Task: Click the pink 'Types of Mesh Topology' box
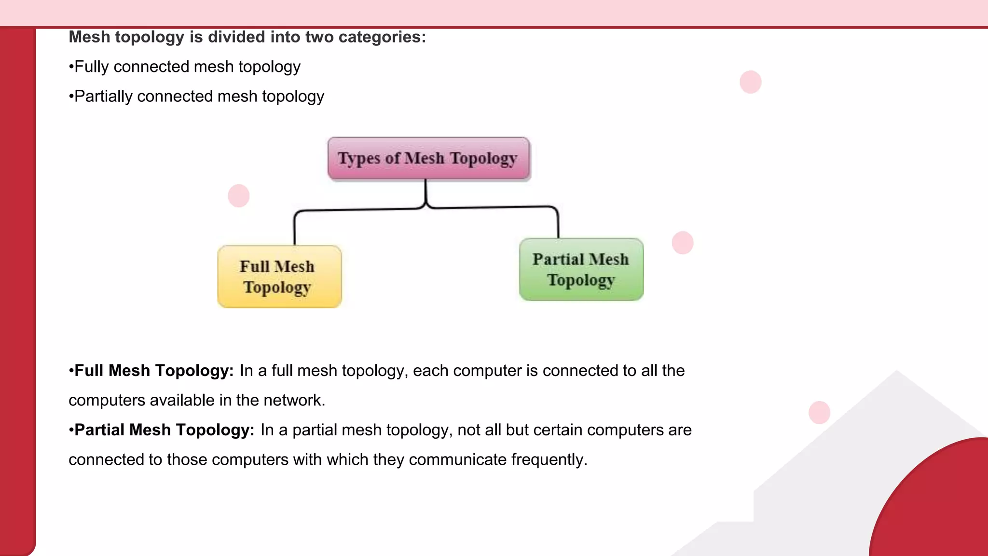(428, 158)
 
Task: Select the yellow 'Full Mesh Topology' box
(279, 277)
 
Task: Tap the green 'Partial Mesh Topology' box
(581, 269)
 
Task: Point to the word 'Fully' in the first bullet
(92, 67)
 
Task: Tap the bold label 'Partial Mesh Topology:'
(164, 430)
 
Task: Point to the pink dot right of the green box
(683, 243)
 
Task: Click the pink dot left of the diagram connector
(239, 196)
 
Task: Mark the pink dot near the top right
(751, 82)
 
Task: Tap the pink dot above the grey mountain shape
(819, 413)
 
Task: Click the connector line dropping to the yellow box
(295, 229)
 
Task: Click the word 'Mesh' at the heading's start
(89, 37)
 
